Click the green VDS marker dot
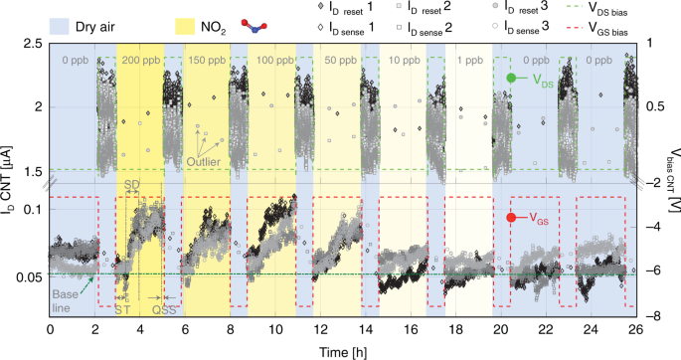click(x=512, y=78)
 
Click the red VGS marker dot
click(x=512, y=218)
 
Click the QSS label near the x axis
click(x=164, y=309)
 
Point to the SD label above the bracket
click(x=129, y=186)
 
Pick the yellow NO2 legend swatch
click(x=190, y=21)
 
